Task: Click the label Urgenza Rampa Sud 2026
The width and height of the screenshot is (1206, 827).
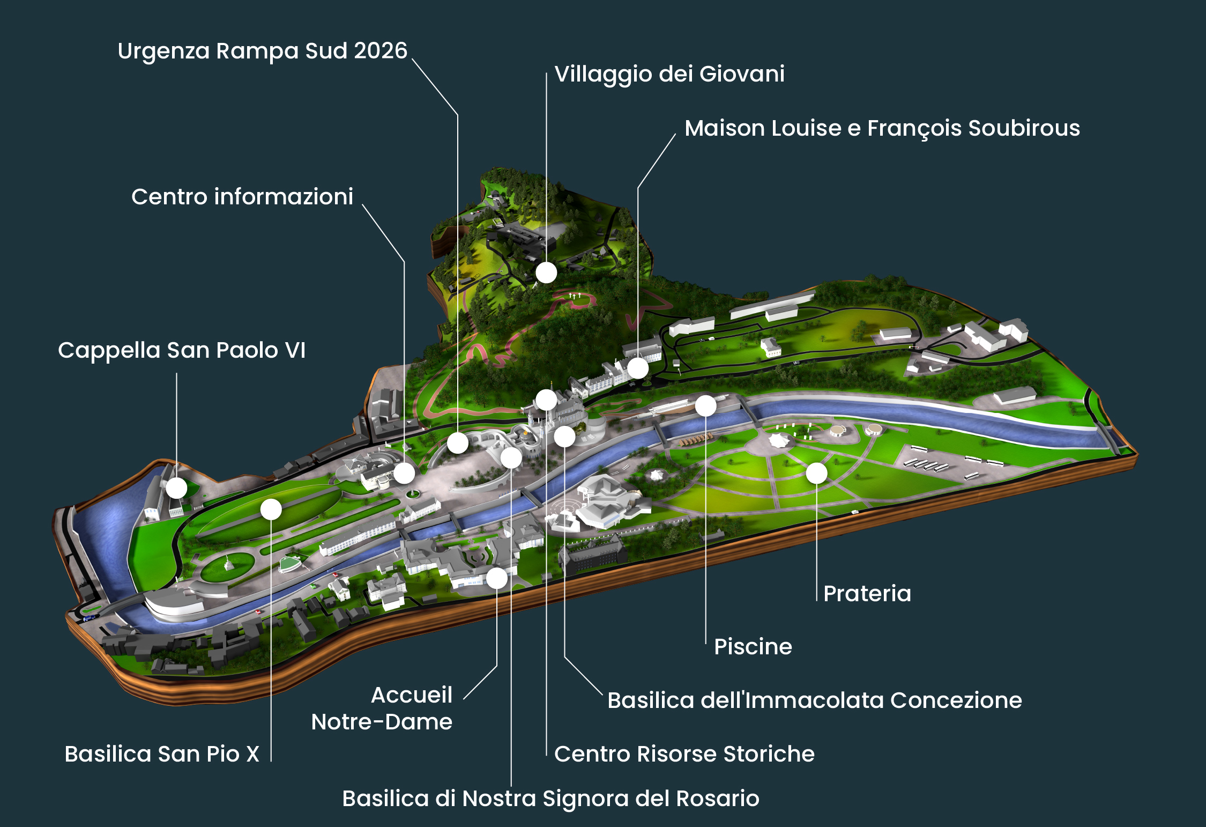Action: point(262,51)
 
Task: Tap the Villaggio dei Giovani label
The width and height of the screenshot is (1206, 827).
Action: point(669,74)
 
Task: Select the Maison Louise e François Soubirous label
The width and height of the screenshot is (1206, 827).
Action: point(882,128)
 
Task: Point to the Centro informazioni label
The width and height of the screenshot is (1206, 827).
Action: point(242,197)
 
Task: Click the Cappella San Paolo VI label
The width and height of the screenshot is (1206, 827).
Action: point(182,350)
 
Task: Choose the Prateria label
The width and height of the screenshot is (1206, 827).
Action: point(867,594)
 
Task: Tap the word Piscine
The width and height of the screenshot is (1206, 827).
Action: point(753,647)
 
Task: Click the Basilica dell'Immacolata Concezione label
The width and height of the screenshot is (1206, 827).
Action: point(814,700)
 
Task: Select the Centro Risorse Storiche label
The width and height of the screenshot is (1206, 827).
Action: point(684,754)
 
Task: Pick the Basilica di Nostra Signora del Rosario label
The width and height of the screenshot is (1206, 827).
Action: point(550,799)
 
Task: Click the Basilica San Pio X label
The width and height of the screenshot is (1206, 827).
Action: point(162,754)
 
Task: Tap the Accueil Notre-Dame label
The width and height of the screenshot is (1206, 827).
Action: point(382,708)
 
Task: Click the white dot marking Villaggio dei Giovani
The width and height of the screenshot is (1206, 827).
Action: point(546,272)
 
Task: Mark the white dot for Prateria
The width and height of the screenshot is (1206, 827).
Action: point(816,473)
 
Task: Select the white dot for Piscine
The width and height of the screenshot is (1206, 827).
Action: point(705,406)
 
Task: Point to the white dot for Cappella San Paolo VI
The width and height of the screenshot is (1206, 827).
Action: point(176,488)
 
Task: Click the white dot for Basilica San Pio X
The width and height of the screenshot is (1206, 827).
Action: point(271,509)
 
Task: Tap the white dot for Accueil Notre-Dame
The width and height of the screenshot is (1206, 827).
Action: point(497,578)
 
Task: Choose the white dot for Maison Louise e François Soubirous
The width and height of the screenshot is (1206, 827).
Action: point(638,368)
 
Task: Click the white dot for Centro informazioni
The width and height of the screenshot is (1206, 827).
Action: point(404,473)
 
